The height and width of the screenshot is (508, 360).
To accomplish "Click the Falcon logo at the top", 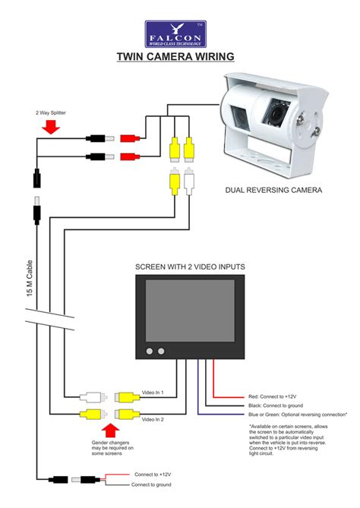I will pyautogui.click(x=175, y=33).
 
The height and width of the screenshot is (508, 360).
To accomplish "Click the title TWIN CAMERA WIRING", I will pyautogui.click(x=175, y=56).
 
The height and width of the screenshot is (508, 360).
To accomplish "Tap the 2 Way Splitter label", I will pyautogui.click(x=52, y=113).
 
